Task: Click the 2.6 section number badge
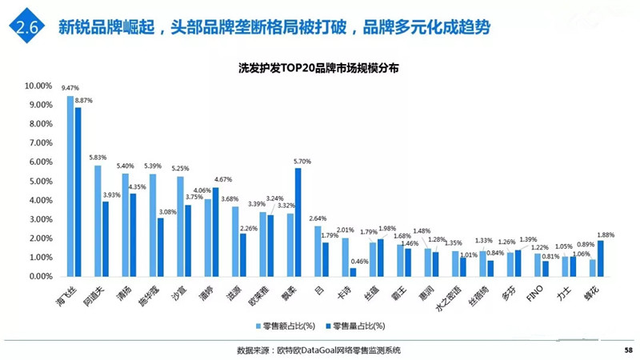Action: (25, 27)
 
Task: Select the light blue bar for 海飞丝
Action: (70, 186)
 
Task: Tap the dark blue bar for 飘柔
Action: (298, 222)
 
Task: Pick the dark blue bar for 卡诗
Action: (353, 271)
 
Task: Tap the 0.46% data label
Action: (361, 262)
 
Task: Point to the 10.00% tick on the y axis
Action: (38, 86)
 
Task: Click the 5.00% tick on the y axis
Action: (40, 181)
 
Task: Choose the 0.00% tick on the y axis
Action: (40, 276)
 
